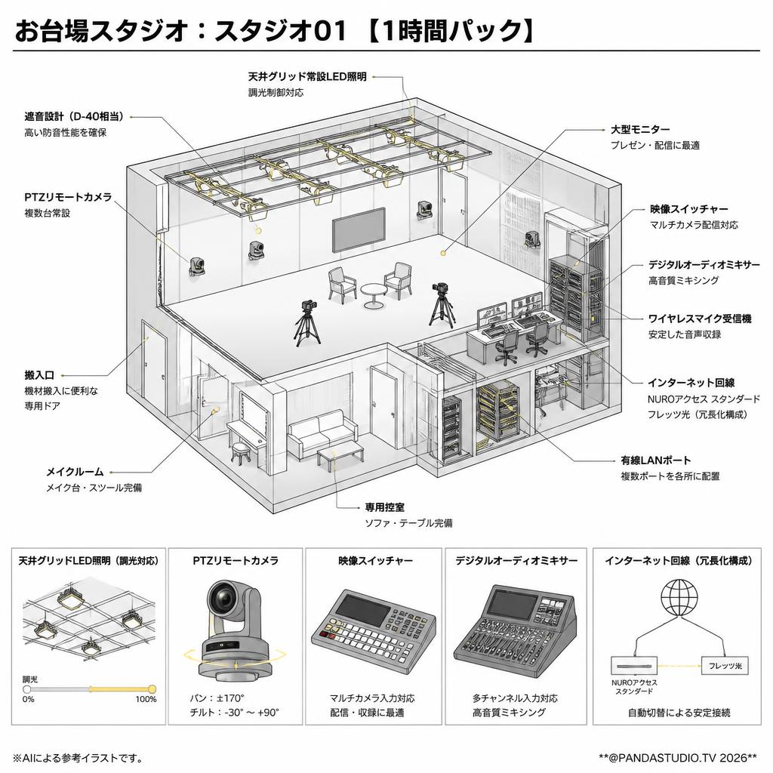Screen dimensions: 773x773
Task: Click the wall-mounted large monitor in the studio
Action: [x=359, y=229]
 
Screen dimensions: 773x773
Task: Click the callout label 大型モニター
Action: [x=640, y=130]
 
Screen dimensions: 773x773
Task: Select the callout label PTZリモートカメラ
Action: [x=69, y=197]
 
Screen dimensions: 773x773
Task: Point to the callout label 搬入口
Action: [x=39, y=375]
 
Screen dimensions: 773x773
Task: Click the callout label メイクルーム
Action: [x=75, y=472]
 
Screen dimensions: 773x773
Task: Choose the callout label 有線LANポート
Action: [x=656, y=460]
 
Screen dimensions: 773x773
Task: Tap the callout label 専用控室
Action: [x=384, y=507]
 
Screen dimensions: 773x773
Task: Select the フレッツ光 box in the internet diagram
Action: [x=725, y=666]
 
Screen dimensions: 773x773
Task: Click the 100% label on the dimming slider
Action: [x=146, y=699]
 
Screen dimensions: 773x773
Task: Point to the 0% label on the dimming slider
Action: [x=29, y=699]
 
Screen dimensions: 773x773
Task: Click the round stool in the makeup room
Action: [x=241, y=453]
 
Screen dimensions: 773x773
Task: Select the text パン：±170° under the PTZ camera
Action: [x=217, y=698]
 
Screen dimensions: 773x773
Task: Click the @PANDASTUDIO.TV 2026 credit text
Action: [x=678, y=757]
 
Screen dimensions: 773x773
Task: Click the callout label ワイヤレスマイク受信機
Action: [x=700, y=319]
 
